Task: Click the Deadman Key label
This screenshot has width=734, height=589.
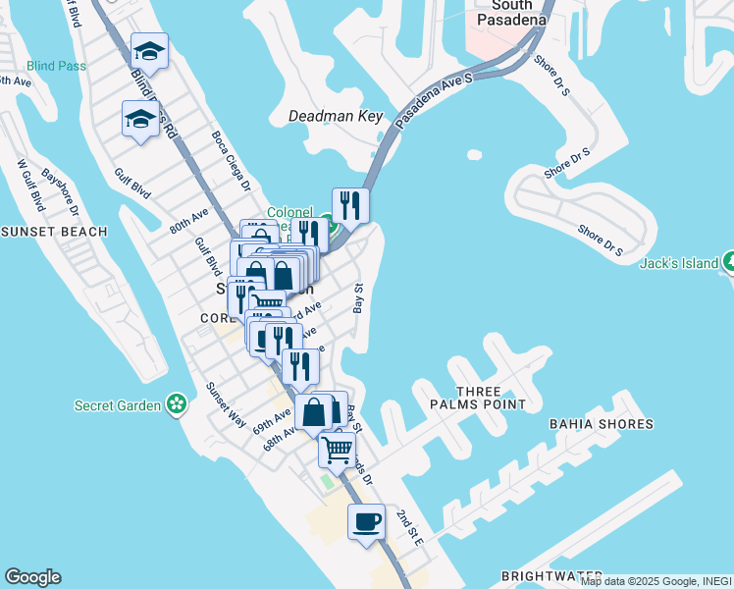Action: [x=335, y=116]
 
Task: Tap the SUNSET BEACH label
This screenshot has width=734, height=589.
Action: [x=53, y=232]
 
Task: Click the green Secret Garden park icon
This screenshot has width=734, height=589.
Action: [x=177, y=403]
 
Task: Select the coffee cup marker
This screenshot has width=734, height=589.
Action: [x=366, y=521]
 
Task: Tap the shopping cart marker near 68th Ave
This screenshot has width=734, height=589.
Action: [x=337, y=451]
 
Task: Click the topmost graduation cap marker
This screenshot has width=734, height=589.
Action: [x=149, y=51]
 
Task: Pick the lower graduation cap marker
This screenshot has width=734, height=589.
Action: [x=140, y=120]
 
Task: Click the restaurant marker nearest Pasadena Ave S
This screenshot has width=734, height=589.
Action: [x=350, y=206]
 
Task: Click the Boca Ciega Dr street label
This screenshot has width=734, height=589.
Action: [x=232, y=160]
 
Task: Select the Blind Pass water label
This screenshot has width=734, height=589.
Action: [x=57, y=66]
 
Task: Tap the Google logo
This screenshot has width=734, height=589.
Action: [x=32, y=577]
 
